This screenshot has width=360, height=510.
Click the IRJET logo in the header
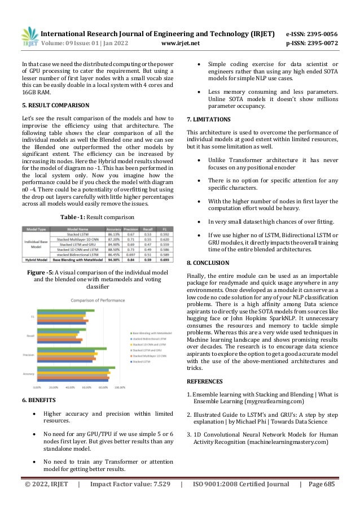(28, 37)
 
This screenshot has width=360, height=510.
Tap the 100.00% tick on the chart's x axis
(120, 387)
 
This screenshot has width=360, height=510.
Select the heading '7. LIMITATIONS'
(208, 120)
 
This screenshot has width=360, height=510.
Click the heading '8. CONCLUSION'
(208, 263)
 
